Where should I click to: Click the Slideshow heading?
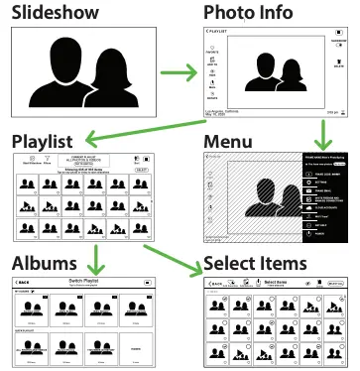(x=56, y=13)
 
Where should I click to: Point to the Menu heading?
(x=230, y=141)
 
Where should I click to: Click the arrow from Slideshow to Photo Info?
(x=179, y=72)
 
